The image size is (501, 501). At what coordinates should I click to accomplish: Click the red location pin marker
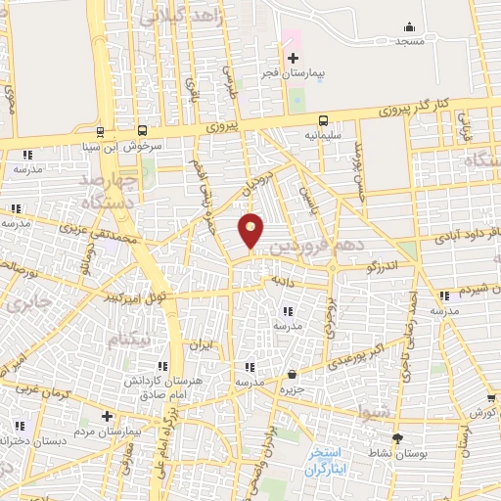251,231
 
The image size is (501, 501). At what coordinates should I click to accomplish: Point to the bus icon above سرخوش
144,131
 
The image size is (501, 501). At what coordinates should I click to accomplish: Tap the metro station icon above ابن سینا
101,131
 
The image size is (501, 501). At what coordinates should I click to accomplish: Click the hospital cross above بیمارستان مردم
108,415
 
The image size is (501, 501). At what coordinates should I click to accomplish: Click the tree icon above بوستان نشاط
396,437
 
